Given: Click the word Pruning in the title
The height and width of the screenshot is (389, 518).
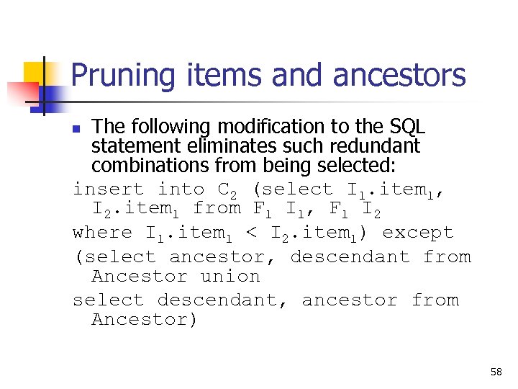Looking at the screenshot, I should point(122,76).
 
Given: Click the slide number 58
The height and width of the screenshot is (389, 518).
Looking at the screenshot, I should point(496,372).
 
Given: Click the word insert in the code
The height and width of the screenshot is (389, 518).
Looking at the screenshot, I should point(109,189).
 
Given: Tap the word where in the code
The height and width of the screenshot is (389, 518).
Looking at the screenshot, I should point(103,233).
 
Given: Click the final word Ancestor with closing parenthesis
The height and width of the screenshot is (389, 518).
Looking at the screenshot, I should point(145,320).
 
